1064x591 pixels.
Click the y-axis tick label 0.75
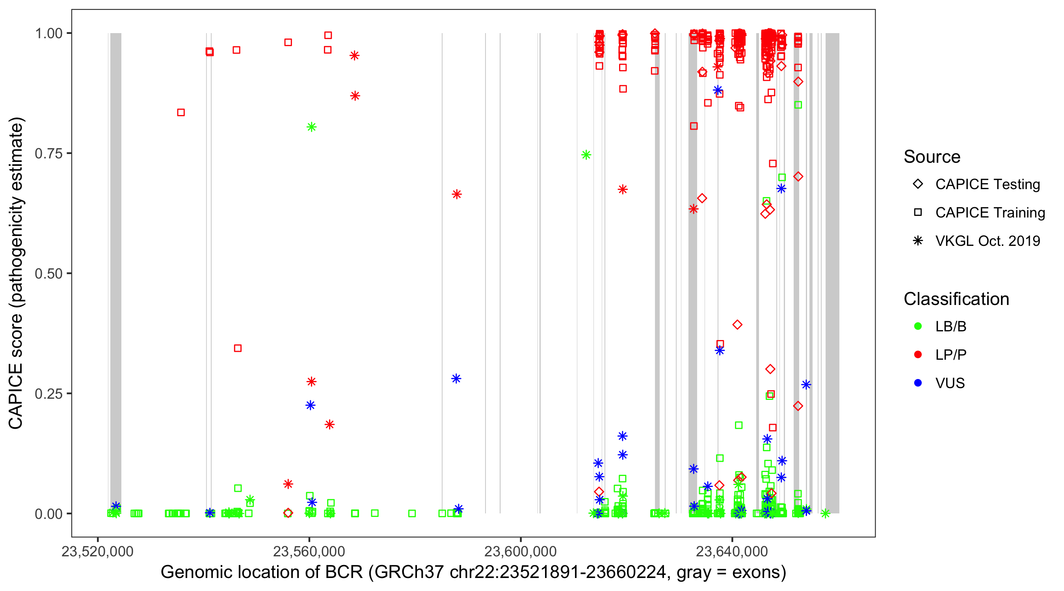[48, 154]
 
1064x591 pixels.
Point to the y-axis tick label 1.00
[48, 33]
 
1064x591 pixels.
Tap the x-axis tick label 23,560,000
[309, 551]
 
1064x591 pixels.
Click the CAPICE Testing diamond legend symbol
[918, 184]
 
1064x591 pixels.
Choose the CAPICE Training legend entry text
[990, 213]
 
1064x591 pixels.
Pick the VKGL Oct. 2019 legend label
[988, 241]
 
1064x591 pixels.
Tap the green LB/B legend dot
[918, 326]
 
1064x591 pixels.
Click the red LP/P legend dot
[918, 355]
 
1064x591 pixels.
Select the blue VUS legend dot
[918, 383]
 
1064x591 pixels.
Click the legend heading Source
[932, 157]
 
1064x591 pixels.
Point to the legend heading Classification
[956, 299]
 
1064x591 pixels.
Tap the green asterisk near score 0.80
[312, 127]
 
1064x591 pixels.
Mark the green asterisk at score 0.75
[586, 155]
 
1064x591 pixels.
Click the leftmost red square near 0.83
[181, 112]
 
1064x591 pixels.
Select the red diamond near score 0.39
[737, 325]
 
